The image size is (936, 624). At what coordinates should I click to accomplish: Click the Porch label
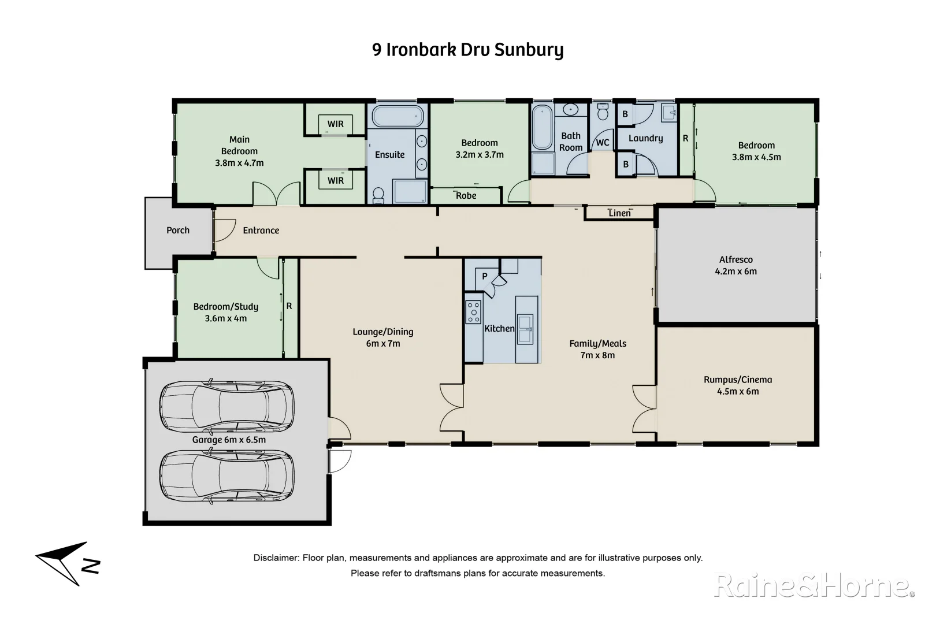(178, 230)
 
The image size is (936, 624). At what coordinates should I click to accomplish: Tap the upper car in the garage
(226, 406)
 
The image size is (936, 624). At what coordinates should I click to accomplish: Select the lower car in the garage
(226, 477)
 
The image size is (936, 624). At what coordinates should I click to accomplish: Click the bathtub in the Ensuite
(398, 116)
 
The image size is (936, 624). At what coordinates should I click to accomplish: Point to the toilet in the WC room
(603, 112)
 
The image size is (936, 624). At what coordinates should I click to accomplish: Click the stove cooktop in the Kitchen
(473, 312)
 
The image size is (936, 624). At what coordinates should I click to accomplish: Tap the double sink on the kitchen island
(525, 329)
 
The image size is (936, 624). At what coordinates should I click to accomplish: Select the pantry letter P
(484, 276)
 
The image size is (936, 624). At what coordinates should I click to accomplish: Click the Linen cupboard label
(619, 213)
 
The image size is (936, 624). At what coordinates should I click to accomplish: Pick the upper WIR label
(335, 124)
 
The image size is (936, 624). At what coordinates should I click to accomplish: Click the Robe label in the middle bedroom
(466, 195)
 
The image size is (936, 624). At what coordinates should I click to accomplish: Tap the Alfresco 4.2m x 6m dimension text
(736, 271)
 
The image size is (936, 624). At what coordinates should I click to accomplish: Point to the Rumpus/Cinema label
(737, 380)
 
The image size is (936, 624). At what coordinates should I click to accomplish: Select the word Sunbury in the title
(529, 50)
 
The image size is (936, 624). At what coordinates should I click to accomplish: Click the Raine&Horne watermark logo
(814, 585)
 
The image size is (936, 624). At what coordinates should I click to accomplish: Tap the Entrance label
(261, 230)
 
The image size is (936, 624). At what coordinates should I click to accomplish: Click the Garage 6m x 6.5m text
(229, 440)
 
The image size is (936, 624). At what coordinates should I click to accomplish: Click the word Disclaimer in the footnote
(276, 558)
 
